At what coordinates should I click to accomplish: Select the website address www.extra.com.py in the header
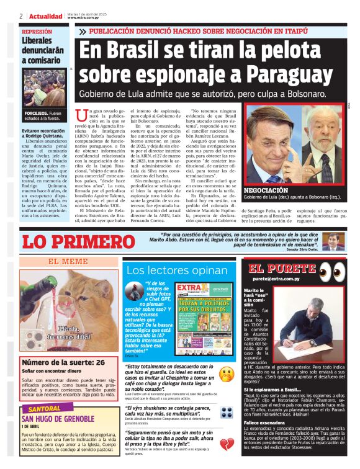point(86,18)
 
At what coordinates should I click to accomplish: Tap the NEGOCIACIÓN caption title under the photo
point(266,190)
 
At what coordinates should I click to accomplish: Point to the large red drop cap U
point(79,115)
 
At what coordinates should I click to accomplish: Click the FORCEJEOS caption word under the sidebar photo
point(35,114)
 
